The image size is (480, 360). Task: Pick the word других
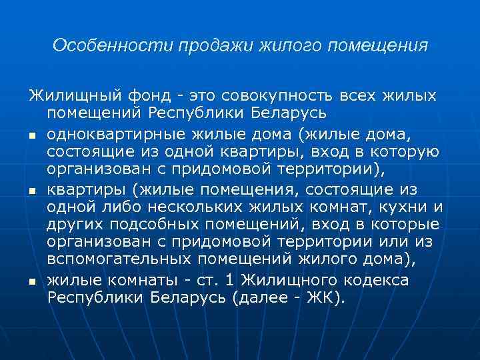77,226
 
